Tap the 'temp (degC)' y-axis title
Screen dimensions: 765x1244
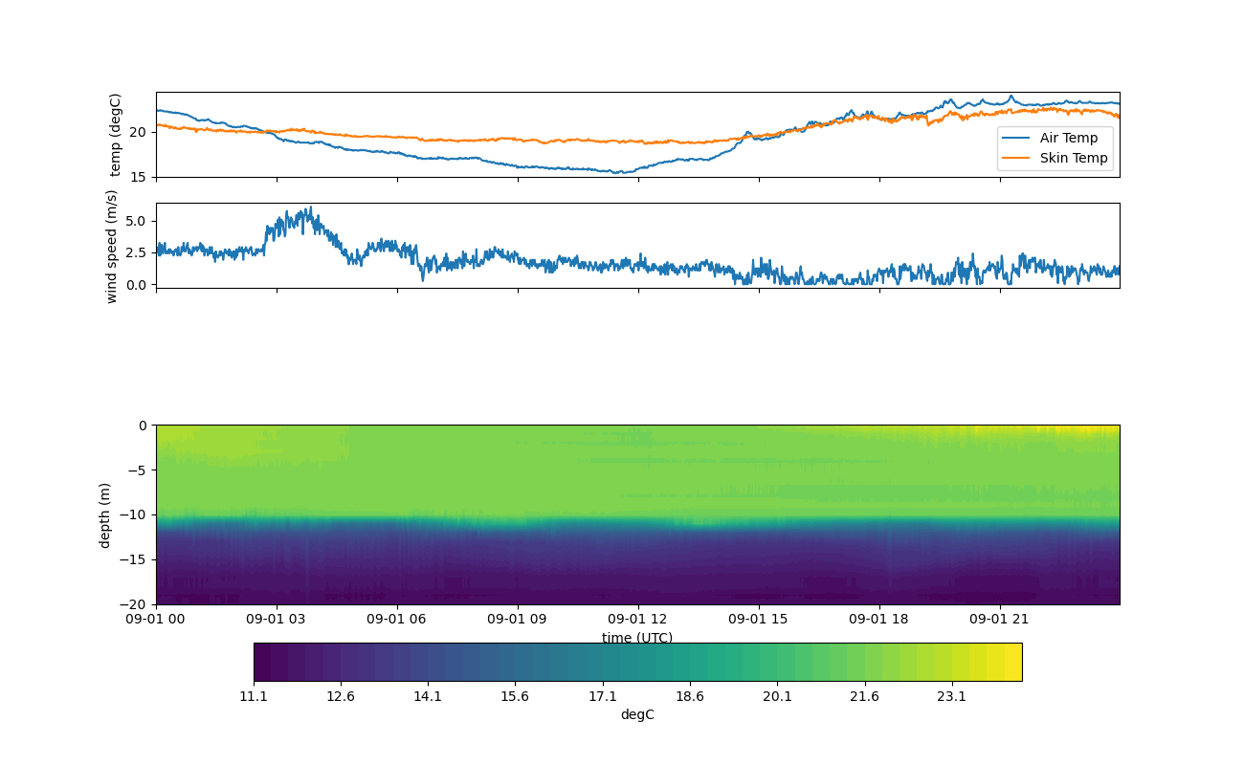pyautogui.click(x=116, y=135)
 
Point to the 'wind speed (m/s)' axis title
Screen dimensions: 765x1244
pyautogui.click(x=112, y=246)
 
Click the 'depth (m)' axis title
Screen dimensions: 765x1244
pyautogui.click(x=105, y=514)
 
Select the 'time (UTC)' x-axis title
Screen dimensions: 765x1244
pyautogui.click(x=637, y=638)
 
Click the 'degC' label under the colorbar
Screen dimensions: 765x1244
pyautogui.click(x=637, y=714)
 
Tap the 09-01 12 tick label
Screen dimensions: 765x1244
pyautogui.click(x=638, y=619)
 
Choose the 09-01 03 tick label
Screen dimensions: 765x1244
pyautogui.click(x=277, y=619)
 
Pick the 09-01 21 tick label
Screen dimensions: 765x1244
pyautogui.click(x=1000, y=619)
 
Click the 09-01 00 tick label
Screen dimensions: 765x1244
pyautogui.click(x=156, y=619)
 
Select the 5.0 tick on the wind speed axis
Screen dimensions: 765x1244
pyautogui.click(x=137, y=221)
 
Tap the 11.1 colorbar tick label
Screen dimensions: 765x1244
pyautogui.click(x=254, y=696)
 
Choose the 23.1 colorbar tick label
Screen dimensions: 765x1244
pyautogui.click(x=951, y=696)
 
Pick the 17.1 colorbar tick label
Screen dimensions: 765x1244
pyautogui.click(x=603, y=696)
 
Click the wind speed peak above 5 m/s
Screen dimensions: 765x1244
pyautogui.click(x=309, y=208)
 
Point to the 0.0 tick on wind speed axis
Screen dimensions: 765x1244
pyautogui.click(x=137, y=284)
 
